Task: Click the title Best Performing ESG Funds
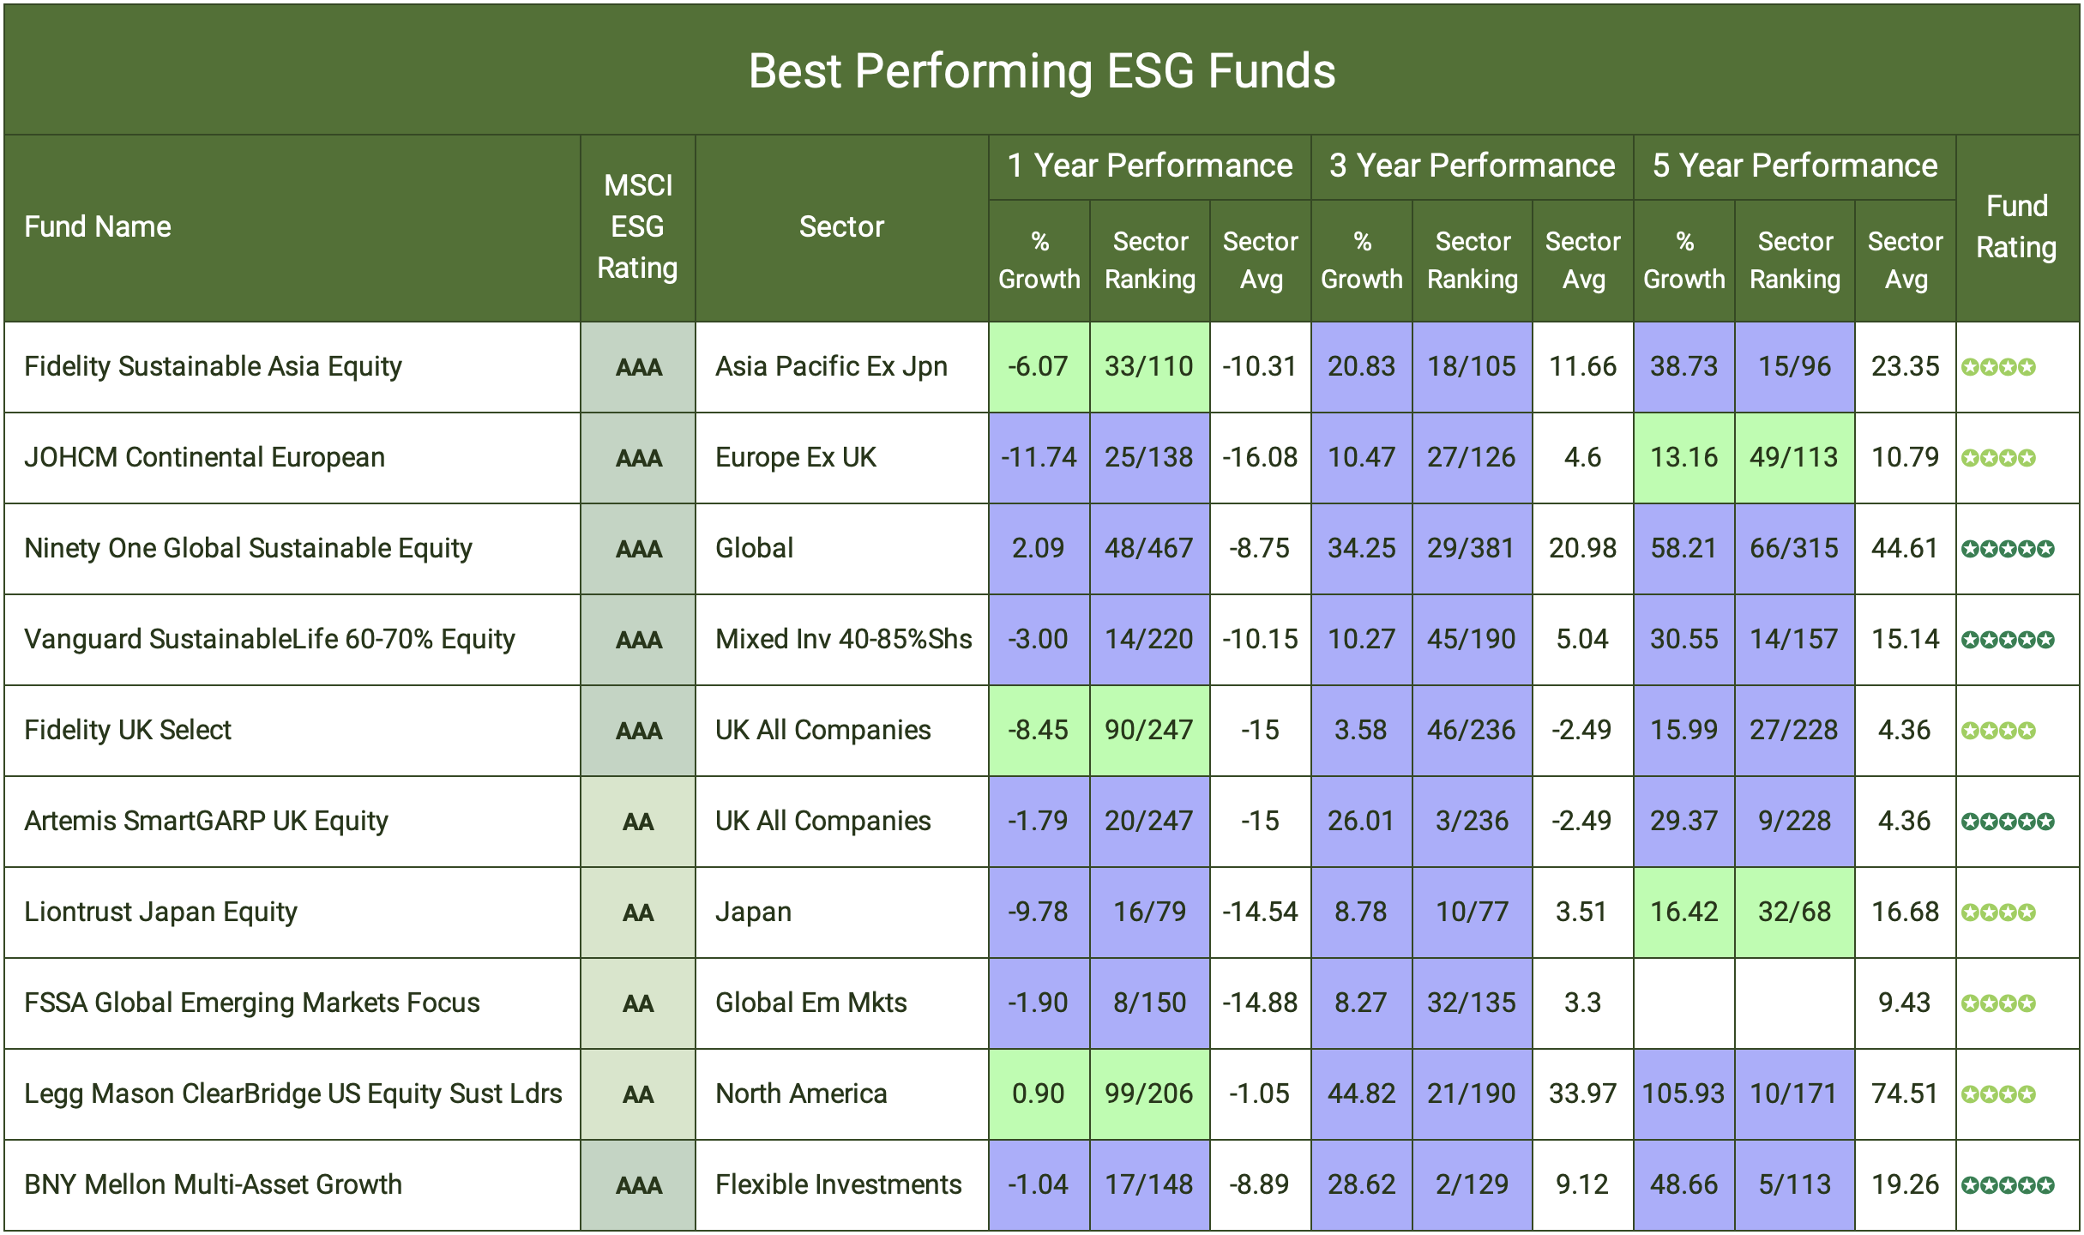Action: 1041,70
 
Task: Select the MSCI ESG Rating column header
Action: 637,227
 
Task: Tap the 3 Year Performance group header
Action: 1472,166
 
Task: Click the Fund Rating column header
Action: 2016,227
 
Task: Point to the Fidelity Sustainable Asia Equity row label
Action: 213,367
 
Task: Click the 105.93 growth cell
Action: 1683,1093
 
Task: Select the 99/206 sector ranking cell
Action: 1149,1093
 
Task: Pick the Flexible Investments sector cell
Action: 839,1184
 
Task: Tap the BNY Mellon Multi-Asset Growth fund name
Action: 213,1184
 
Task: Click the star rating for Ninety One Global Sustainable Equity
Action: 2008,549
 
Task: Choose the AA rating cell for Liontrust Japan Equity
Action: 638,913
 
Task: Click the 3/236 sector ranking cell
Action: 1472,821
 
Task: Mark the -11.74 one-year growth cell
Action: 1039,457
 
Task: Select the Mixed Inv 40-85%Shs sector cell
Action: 843,639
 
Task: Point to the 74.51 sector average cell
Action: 1905,1093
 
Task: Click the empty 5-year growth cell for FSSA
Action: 1683,1003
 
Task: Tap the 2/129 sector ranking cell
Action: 1472,1184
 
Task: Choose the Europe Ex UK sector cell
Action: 796,457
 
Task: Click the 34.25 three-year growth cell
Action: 1361,548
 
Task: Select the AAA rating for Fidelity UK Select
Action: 638,731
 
